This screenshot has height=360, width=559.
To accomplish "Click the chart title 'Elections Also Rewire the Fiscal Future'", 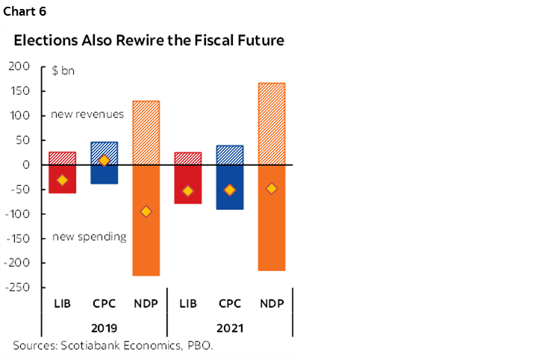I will pos(149,40).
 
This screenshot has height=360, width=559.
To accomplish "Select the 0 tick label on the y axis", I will pos(25,165).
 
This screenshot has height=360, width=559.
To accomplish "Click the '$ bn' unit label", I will pos(63,72).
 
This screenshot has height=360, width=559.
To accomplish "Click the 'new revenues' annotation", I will pos(87,114).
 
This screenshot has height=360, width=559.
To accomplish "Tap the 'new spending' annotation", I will pos(89,237).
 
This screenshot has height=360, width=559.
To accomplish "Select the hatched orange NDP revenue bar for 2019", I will pos(146,132).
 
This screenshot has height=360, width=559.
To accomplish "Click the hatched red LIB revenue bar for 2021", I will pos(188,158).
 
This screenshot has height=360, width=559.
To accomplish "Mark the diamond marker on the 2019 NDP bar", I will pos(146,211).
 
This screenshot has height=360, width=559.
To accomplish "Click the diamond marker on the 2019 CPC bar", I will pos(104,161).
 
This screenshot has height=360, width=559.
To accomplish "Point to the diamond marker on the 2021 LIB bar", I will pos(188,191).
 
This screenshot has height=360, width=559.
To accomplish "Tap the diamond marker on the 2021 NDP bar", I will pos(272,188).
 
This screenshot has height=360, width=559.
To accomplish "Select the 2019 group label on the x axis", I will pos(104,327).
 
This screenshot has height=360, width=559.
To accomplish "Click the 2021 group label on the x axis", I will pos(230,327).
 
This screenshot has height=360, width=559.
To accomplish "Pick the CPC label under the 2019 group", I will pos(104,303).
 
